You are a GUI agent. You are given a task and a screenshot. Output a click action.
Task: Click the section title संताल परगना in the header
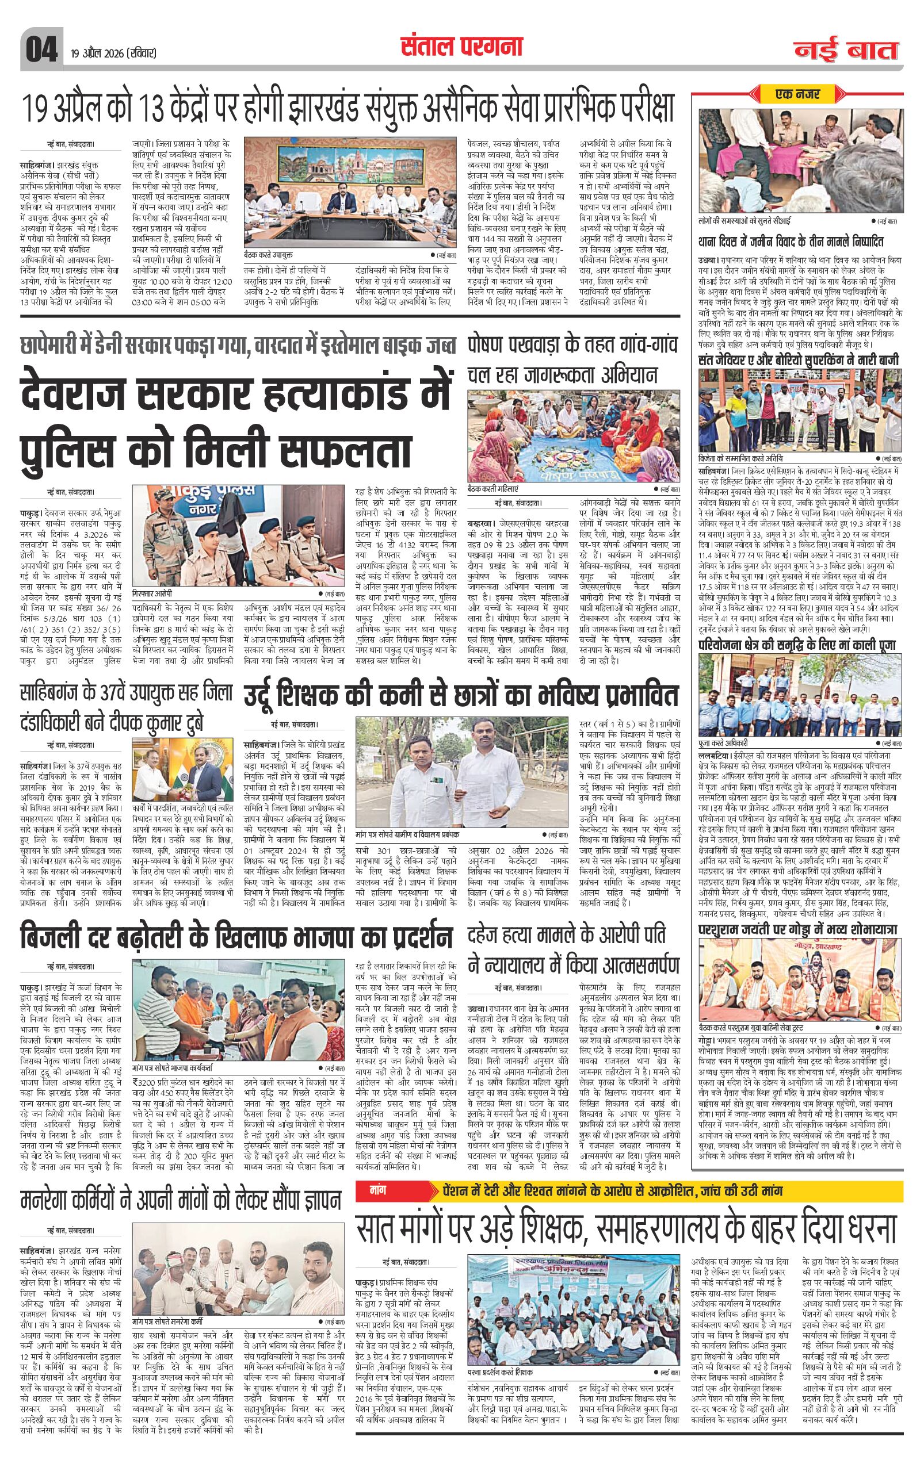461,47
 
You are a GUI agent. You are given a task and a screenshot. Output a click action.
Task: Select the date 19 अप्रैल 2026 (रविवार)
113,53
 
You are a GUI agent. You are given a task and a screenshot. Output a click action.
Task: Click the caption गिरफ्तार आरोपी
155,593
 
